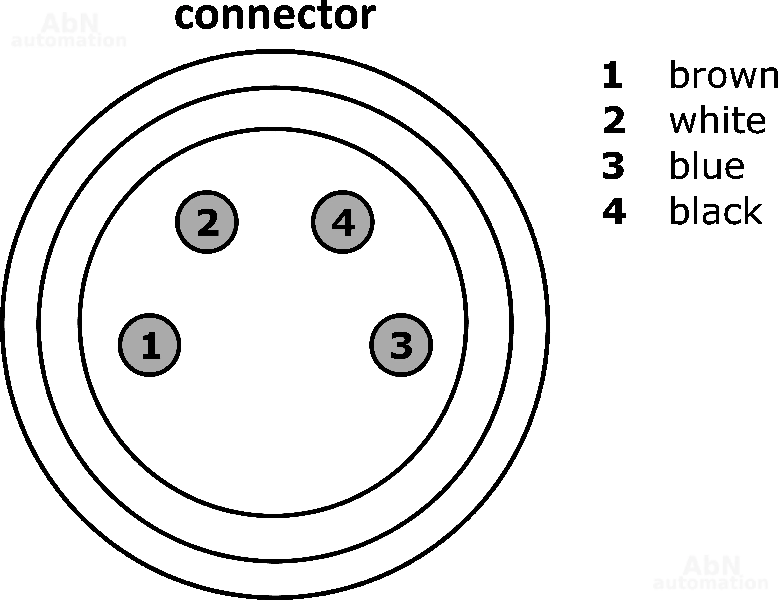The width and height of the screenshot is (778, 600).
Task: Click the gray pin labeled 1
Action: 150,345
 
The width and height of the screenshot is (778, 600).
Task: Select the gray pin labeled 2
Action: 207,222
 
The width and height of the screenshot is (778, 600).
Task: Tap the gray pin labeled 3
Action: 401,345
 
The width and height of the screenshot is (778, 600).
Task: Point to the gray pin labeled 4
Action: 343,222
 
